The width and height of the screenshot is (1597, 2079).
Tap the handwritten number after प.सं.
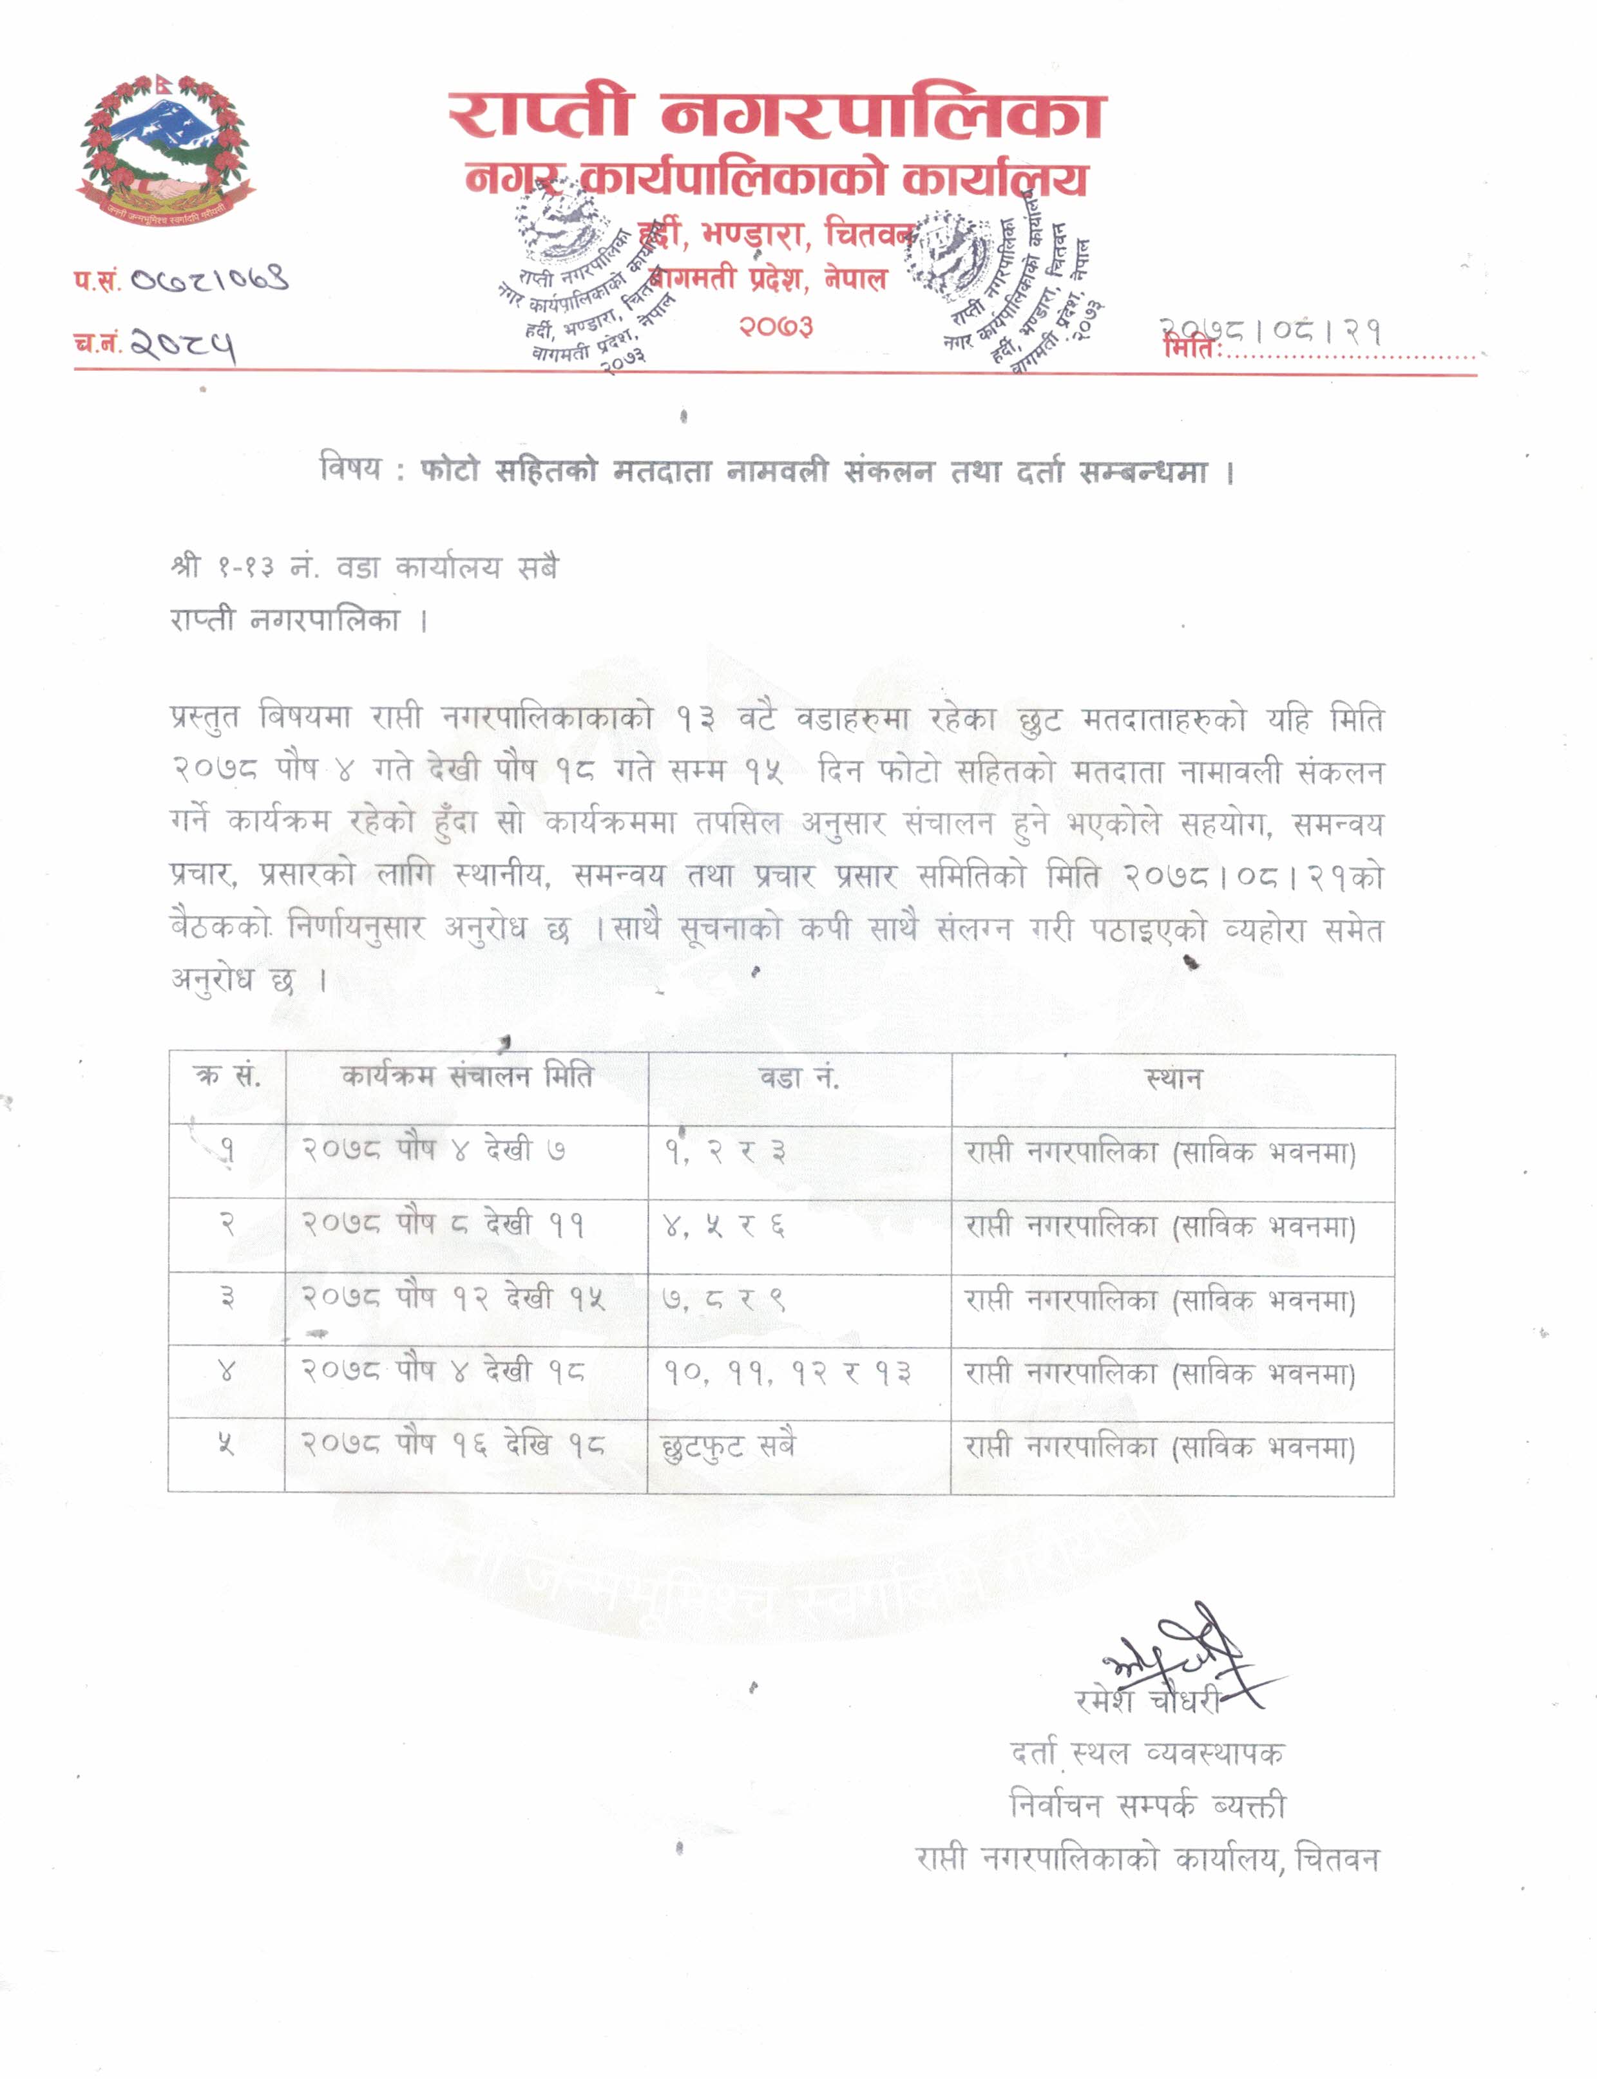coord(209,279)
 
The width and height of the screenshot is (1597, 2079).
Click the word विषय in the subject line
coord(350,469)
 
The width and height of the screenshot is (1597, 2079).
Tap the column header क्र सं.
coord(227,1076)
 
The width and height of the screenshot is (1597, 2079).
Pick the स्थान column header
coord(1173,1078)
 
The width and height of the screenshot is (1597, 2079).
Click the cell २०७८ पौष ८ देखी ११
coord(443,1224)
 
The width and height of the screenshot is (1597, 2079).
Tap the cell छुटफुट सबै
coord(728,1445)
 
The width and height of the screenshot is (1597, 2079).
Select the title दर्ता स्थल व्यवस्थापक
coord(1147,1752)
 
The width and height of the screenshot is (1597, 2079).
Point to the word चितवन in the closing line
coord(1337,1858)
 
